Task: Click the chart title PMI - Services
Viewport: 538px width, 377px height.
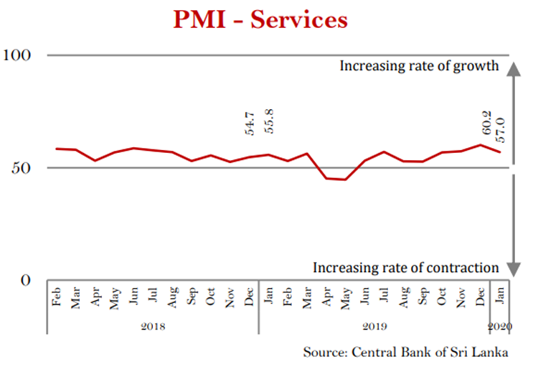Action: [260, 19]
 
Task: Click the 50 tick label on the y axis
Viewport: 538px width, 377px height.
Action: [24, 168]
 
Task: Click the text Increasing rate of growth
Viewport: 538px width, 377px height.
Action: [419, 66]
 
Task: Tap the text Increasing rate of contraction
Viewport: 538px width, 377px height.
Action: [405, 268]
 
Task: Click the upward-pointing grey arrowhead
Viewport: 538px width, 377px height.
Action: [512, 69]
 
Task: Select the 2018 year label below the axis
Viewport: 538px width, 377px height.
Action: [153, 326]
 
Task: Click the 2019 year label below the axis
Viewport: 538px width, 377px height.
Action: [374, 326]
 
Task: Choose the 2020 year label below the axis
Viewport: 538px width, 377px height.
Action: [500, 326]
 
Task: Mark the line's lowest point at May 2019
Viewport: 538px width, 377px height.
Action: [345, 180]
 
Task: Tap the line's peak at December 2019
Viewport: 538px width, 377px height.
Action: [480, 145]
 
